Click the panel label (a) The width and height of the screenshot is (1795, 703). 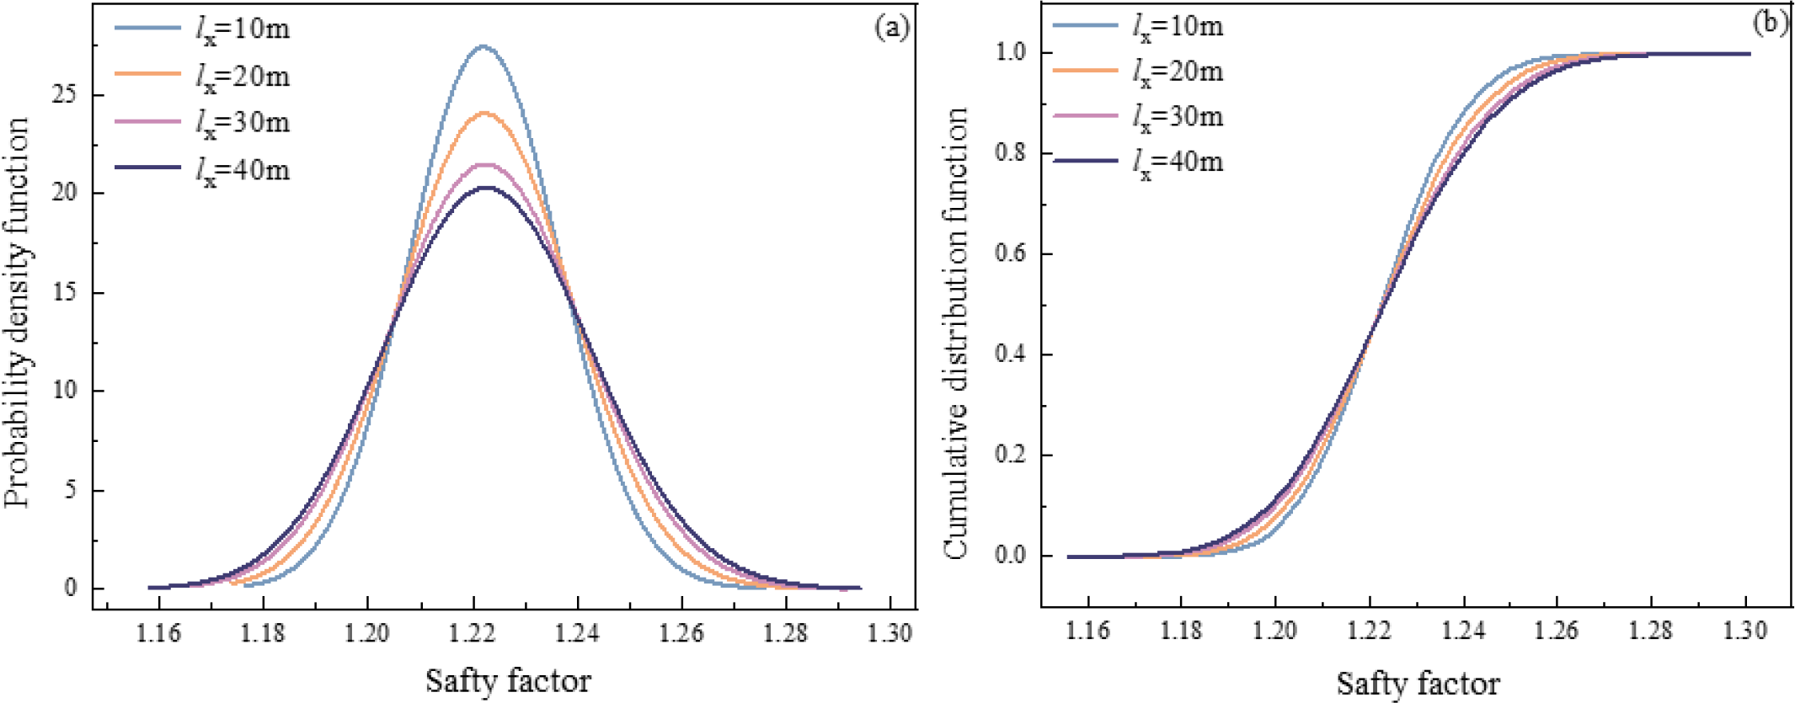(891, 28)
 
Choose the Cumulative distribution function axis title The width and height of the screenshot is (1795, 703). (956, 333)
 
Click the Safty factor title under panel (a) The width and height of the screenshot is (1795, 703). (508, 680)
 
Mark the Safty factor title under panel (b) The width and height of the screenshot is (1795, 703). (1418, 683)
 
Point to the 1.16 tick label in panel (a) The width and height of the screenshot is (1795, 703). (158, 633)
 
